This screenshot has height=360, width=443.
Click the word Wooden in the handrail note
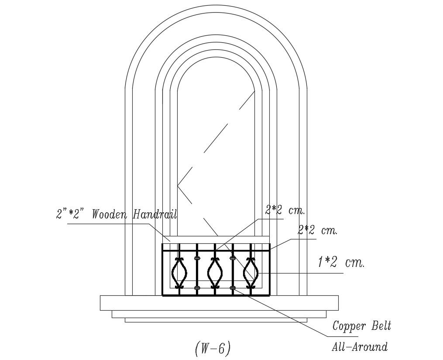(109, 215)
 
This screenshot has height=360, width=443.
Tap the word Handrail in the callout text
(155, 214)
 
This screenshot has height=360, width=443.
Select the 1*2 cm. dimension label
(341, 263)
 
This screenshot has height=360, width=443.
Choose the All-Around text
(360, 347)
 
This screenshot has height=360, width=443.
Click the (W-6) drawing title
(213, 349)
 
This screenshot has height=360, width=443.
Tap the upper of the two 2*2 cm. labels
(285, 211)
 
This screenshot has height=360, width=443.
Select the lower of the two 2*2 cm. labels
(317, 231)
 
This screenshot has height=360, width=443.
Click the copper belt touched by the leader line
(233, 288)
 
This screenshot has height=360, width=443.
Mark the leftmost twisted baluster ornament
(179, 273)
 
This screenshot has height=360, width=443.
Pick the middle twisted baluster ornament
(215, 273)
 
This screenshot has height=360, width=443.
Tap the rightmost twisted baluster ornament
(251, 273)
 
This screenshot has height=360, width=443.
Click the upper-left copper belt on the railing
(197, 258)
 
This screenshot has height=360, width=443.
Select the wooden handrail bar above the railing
(216, 239)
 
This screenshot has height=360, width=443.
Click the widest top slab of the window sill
(219, 303)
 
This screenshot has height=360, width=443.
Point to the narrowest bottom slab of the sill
(216, 320)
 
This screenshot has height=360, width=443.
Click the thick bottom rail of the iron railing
(216, 295)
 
